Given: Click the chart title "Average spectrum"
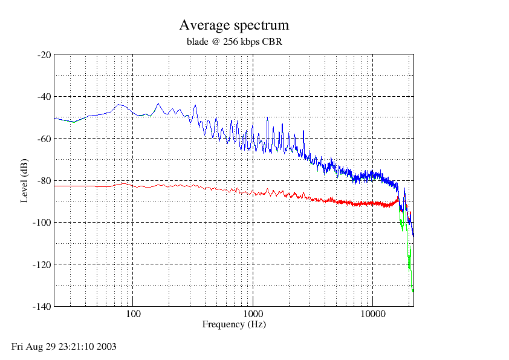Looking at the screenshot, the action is (234, 25).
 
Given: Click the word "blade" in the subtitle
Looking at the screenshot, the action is (197, 42).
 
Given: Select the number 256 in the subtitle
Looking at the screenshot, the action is (230, 42).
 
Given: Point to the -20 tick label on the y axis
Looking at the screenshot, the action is (45, 55).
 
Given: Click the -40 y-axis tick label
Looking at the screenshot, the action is (45, 97).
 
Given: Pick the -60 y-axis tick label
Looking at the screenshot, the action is (45, 139).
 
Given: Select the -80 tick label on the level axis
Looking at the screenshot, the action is (45, 181).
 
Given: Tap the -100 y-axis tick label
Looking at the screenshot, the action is (42, 223).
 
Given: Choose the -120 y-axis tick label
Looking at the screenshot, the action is (42, 264).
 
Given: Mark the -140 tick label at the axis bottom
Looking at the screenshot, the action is (42, 306).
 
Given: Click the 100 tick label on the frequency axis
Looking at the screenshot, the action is (133, 314).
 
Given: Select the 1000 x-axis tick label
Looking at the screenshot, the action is (253, 314).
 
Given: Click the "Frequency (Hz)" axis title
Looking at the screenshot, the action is (234, 324).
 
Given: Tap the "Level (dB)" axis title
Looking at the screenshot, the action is (24, 181).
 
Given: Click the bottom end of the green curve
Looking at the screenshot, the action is (413, 292).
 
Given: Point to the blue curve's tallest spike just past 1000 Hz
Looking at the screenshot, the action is (267, 117).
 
